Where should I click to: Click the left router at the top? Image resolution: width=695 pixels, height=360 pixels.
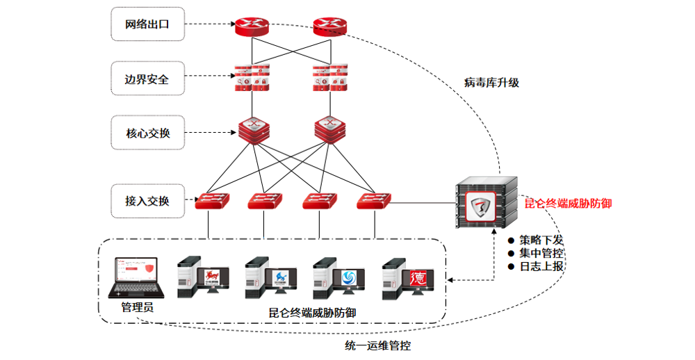252,26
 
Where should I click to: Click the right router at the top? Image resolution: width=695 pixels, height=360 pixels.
329,26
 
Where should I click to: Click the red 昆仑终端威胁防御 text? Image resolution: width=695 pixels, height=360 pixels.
568,204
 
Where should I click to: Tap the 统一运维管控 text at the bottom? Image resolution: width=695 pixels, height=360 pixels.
378,345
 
